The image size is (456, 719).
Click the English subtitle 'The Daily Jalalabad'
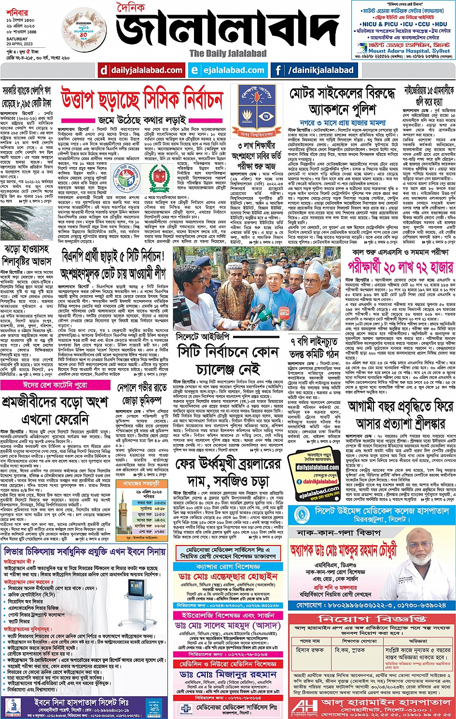[228, 54]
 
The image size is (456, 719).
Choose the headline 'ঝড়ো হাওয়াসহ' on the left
[27, 249]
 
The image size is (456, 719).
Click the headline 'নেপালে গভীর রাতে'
[142, 388]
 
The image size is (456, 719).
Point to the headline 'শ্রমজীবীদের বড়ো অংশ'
[55, 402]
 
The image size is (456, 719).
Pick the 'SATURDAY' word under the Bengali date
[17, 39]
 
